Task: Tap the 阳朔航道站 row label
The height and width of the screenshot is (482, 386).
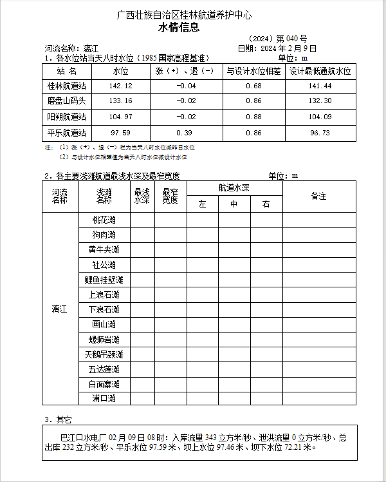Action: pyautogui.click(x=66, y=117)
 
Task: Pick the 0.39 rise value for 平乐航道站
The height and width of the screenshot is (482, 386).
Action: pyautogui.click(x=186, y=132)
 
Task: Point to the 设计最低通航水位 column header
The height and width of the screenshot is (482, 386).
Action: pyautogui.click(x=320, y=71)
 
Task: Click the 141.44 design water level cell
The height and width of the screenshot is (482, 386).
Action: pyautogui.click(x=320, y=86)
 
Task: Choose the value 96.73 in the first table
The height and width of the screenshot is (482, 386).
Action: pyautogui.click(x=320, y=132)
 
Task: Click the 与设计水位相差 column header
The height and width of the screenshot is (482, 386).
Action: pyautogui.click(x=253, y=71)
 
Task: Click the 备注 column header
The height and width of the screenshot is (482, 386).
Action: pyautogui.click(x=318, y=196)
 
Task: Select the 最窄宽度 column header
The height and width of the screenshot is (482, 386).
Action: pyautogui.click(x=170, y=196)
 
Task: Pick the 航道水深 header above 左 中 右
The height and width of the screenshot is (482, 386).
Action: pyautogui.click(x=234, y=188)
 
